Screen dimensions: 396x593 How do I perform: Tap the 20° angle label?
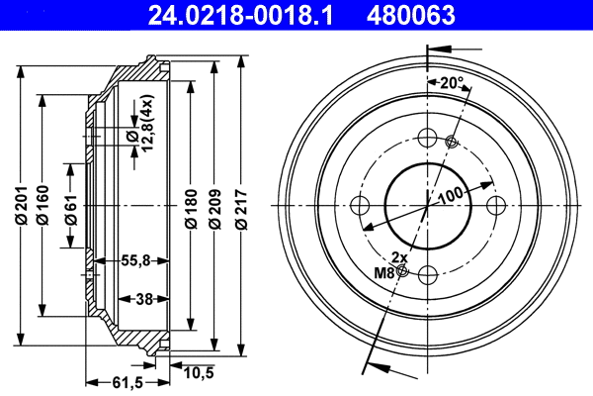[x=453, y=84]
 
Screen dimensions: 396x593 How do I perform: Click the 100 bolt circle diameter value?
[x=451, y=196]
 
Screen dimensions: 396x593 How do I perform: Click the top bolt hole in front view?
[x=428, y=139]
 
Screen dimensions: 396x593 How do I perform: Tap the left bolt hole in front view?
[x=361, y=206]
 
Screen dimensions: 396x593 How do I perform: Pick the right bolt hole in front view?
[x=495, y=206]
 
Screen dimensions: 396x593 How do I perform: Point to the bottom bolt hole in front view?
[x=428, y=274]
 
